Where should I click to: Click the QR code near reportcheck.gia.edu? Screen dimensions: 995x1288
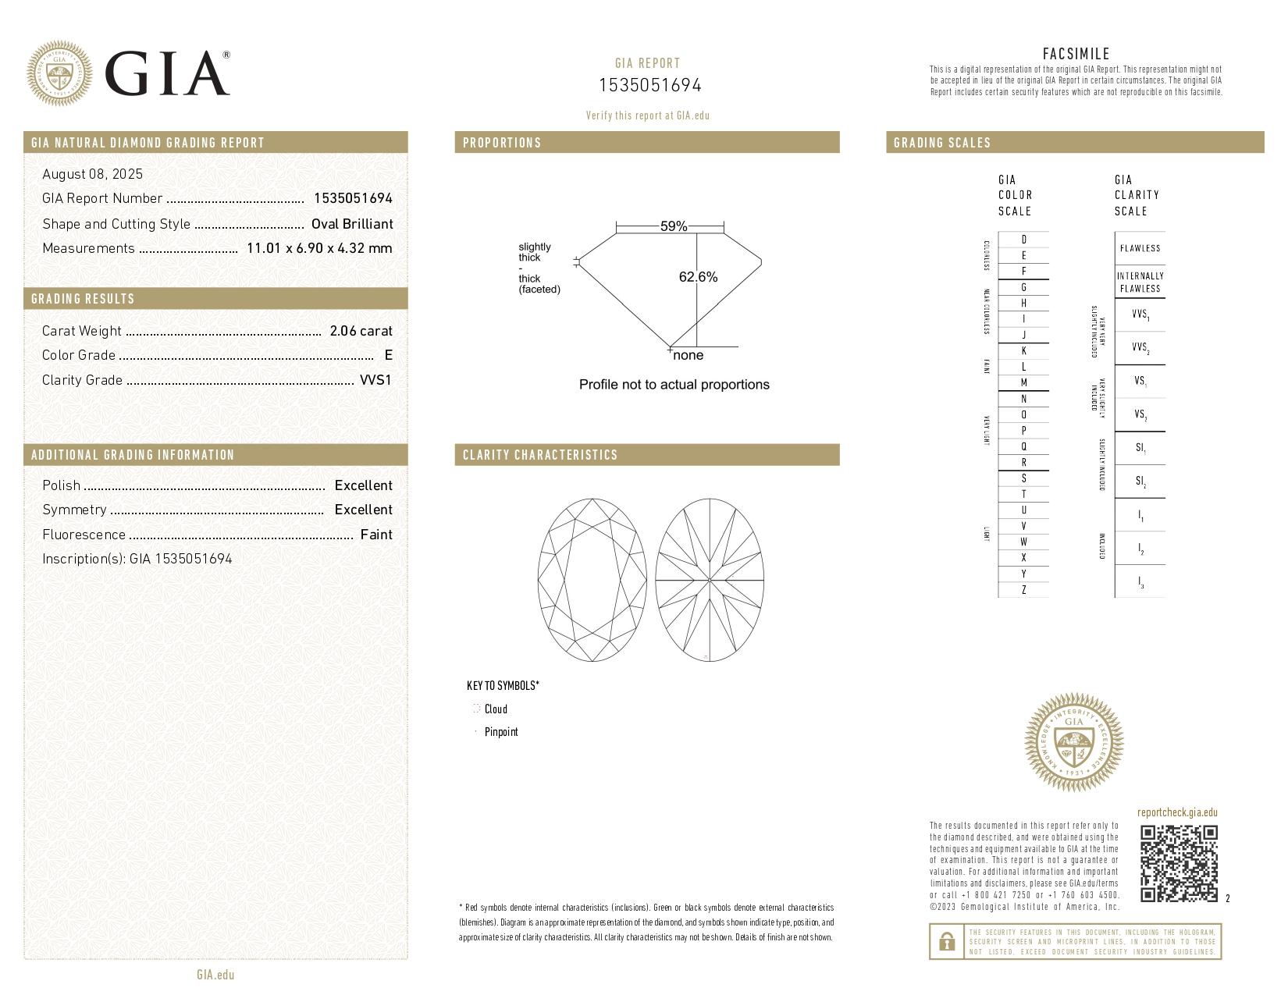(1178, 863)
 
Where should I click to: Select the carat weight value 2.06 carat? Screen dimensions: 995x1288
(361, 331)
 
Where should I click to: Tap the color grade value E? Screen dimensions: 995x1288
(388, 355)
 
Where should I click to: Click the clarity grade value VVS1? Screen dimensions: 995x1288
(375, 380)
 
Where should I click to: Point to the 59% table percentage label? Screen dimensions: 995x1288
(673, 226)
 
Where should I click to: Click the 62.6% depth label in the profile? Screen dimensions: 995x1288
(698, 277)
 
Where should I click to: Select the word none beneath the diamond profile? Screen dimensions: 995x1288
(688, 356)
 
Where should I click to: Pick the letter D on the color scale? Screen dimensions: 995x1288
(1023, 240)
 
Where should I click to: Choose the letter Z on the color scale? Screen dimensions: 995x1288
(1023, 590)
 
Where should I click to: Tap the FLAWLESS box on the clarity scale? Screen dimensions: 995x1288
(1140, 248)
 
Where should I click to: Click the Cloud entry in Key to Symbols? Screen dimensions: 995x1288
(495, 709)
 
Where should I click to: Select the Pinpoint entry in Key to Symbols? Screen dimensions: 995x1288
(500, 732)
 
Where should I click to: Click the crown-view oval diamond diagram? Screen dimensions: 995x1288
(592, 581)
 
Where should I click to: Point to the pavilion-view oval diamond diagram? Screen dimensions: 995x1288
(709, 581)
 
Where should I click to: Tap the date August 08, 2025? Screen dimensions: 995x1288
(92, 174)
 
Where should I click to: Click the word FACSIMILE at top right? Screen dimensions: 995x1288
(1076, 54)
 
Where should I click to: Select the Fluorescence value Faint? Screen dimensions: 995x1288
(376, 535)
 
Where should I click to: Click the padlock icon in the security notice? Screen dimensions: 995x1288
(946, 942)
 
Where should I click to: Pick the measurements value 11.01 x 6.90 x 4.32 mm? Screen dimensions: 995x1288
(318, 248)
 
